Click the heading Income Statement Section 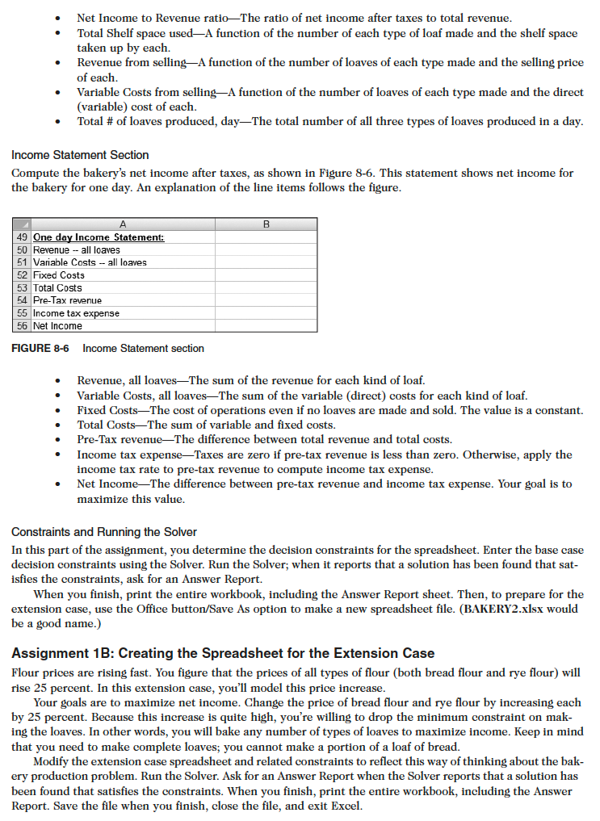coord(80,154)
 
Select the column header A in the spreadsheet coord(123,224)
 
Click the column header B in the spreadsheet coord(266,224)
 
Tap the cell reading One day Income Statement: coord(99,237)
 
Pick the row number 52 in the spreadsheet coord(22,275)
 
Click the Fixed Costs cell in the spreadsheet coord(59,275)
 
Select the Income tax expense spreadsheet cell coord(76,313)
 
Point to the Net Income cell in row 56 coord(57,326)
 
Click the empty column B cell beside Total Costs coord(266,288)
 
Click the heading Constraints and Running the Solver coord(104,532)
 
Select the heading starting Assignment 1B coord(224,653)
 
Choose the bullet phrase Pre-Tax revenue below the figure coord(121,440)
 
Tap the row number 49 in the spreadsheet coord(22,237)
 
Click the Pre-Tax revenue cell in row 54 coord(67,300)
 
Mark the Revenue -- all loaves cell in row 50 coord(76,250)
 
